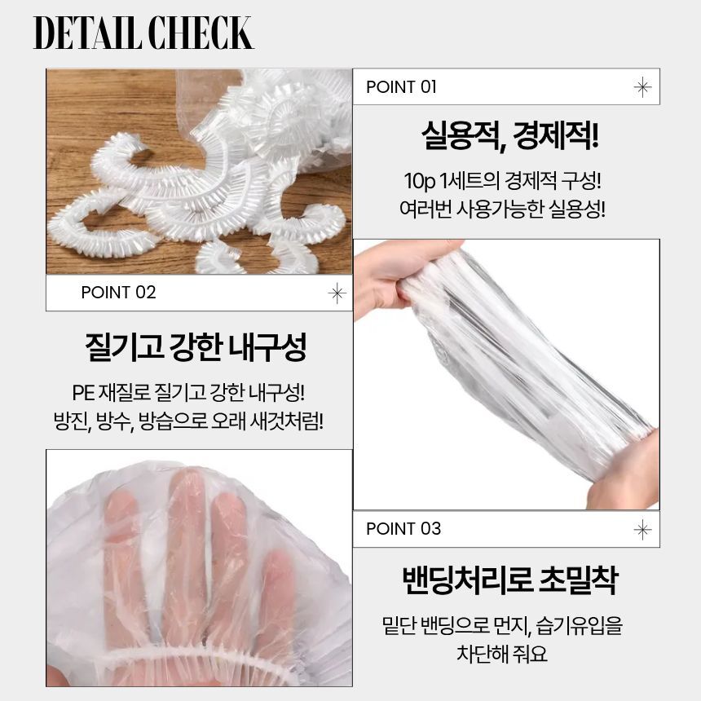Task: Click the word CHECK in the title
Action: coord(201,33)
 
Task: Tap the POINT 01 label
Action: coord(401,86)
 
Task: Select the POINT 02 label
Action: coord(118,293)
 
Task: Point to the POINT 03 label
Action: coord(403,528)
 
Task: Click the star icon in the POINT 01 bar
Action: coord(642,86)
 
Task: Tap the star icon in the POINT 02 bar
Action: coord(337,293)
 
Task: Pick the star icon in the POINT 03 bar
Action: coord(642,530)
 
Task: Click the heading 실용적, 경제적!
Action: coord(509,135)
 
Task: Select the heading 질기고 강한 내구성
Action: coord(196,346)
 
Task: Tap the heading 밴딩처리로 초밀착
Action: coord(509,579)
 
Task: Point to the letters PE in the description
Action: coord(83,393)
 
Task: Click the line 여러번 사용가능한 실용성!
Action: coord(502,209)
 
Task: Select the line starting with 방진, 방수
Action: coord(188,421)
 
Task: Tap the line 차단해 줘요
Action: coord(501,653)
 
